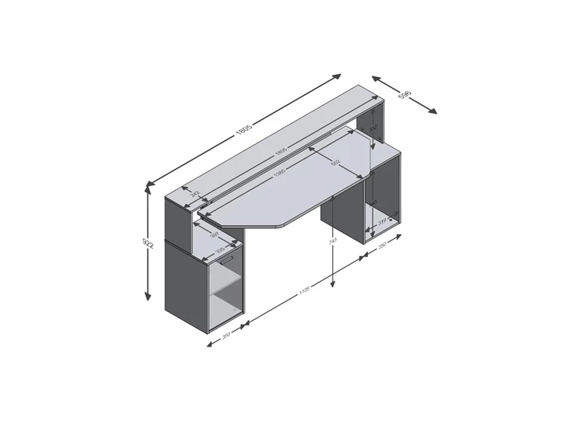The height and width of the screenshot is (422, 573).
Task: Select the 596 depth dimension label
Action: (405, 96)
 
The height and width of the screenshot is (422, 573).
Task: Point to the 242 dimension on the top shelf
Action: (196, 193)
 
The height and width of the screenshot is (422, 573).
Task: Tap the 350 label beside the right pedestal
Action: (383, 245)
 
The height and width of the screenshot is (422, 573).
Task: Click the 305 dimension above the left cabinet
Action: (221, 249)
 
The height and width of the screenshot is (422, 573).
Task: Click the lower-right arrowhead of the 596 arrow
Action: (434, 112)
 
